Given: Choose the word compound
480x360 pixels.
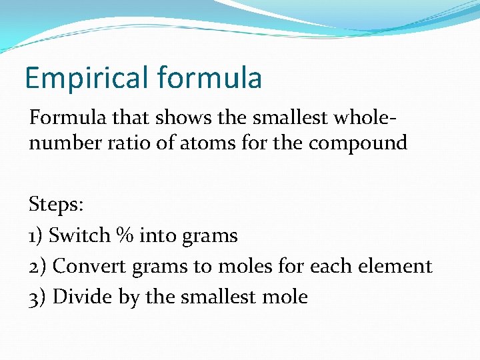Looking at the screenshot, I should (358, 143).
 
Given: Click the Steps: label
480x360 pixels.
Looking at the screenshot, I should (56, 205).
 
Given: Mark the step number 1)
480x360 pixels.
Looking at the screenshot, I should (37, 235).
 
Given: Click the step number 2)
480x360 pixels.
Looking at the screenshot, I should (38, 266).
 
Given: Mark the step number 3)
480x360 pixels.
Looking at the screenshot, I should (38, 297).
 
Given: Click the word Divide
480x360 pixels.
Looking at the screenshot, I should (83, 297).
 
